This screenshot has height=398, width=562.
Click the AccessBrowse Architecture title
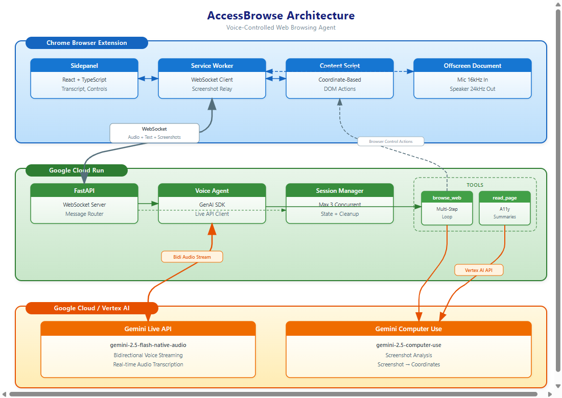[280, 16]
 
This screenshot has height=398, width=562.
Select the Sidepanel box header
[84, 66]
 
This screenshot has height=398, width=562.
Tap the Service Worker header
[212, 66]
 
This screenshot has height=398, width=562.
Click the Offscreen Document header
[472, 66]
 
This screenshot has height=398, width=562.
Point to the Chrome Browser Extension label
[87, 43]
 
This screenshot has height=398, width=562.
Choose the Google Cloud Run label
[77, 170]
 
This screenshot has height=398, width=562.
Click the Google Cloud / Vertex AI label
[91, 308]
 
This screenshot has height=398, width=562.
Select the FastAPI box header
[84, 191]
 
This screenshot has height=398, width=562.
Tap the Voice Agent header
[212, 191]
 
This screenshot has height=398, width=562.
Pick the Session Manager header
[340, 191]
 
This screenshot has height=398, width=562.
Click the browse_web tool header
[447, 197]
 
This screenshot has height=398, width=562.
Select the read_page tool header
[504, 197]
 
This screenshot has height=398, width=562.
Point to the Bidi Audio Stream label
[192, 257]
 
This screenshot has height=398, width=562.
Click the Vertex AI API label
[479, 270]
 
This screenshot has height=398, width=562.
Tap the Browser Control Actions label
[391, 141]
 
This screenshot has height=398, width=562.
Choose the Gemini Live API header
[148, 329]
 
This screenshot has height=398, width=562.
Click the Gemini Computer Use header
[408, 329]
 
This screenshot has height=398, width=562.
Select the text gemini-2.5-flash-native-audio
[148, 345]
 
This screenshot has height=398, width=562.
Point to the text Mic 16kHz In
[472, 80]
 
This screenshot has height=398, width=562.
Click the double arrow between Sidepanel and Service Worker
[148, 79]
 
